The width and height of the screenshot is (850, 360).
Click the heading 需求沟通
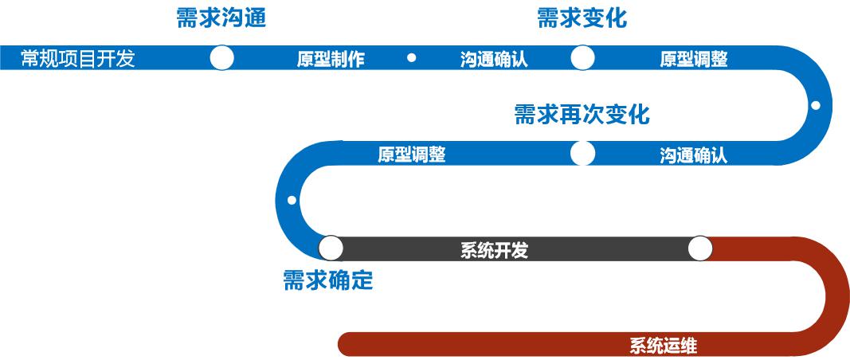point(221,18)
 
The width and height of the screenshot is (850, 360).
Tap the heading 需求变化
point(582,18)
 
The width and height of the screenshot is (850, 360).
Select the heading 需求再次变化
point(582,115)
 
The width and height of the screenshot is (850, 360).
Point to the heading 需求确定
point(328,280)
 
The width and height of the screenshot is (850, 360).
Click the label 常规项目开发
point(78,59)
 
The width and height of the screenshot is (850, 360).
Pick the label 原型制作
point(331,60)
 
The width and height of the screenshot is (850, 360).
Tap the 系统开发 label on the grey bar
point(494,251)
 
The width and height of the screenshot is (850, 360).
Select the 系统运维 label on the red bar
point(664,346)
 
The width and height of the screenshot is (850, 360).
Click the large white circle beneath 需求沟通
point(221,58)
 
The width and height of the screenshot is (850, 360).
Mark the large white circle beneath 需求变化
point(582,58)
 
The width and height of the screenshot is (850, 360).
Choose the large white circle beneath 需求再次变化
point(582,153)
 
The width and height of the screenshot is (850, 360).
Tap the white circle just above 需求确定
point(331,248)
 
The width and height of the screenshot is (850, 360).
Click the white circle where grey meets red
point(699,248)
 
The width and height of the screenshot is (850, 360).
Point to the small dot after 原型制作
point(411,57)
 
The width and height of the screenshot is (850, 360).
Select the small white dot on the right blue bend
point(815,105)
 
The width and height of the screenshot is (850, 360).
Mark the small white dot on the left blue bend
point(292,200)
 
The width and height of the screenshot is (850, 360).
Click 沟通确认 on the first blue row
point(494,60)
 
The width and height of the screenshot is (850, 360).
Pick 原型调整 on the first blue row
point(694,60)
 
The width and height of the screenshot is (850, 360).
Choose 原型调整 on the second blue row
point(411,155)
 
